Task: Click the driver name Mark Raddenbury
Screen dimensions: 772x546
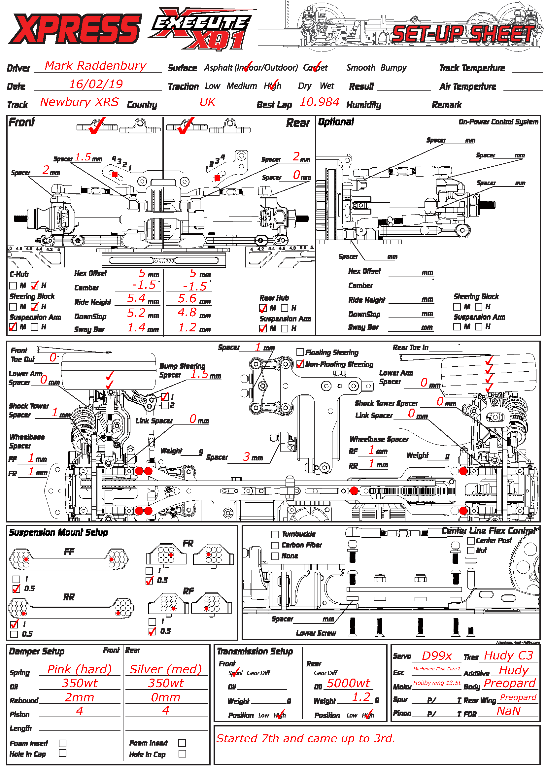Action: pyautogui.click(x=95, y=66)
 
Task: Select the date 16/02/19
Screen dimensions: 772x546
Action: pyautogui.click(x=96, y=84)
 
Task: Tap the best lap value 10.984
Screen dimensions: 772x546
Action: pyautogui.click(x=319, y=102)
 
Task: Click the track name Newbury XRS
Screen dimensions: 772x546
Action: pyautogui.click(x=79, y=102)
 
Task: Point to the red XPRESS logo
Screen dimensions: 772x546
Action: pyautogui.click(x=75, y=29)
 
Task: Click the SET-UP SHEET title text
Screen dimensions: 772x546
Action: pyautogui.click(x=464, y=34)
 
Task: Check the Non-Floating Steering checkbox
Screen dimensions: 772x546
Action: pyautogui.click(x=300, y=364)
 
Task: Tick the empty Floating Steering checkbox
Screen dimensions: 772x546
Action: pyautogui.click(x=300, y=352)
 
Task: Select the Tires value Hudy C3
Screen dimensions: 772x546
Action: pyautogui.click(x=508, y=655)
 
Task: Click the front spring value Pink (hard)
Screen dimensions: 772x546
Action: pyautogui.click(x=79, y=669)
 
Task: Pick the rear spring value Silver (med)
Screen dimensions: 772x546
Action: pyautogui.click(x=165, y=669)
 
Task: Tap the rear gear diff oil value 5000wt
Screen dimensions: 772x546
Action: pyautogui.click(x=348, y=683)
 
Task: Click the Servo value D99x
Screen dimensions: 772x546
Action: pyautogui.click(x=437, y=656)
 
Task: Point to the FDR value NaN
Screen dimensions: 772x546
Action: pyautogui.click(x=508, y=711)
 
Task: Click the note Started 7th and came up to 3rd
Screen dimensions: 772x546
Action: pyautogui.click(x=306, y=738)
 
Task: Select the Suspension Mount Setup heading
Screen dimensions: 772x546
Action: pyautogui.click(x=58, y=533)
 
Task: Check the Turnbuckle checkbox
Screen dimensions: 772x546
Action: pyautogui.click(x=275, y=534)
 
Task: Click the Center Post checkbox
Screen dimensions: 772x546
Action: pyautogui.click(x=471, y=541)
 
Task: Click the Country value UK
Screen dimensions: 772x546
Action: pyautogui.click(x=207, y=102)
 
